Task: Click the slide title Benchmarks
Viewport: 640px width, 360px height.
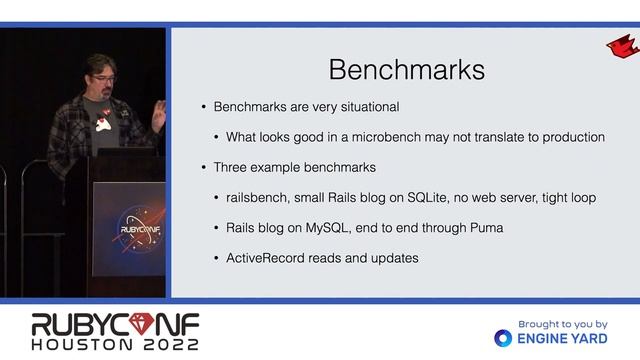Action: (x=407, y=69)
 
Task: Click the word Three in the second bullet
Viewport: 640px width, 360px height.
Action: (x=231, y=167)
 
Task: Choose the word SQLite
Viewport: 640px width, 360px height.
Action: (x=429, y=197)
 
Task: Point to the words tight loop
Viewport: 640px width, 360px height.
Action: (x=568, y=197)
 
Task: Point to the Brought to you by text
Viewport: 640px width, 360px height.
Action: (x=562, y=324)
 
